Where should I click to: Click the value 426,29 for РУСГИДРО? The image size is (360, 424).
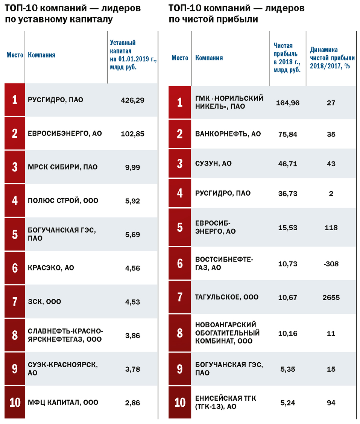pyautogui.click(x=132, y=100)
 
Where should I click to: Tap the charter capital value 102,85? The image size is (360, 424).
pyautogui.click(x=132, y=134)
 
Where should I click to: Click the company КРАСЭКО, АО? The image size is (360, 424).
pyautogui.click(x=51, y=268)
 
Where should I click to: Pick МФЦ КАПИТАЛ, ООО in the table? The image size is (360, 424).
pyautogui.click(x=63, y=403)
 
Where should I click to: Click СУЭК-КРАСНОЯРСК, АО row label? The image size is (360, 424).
pyautogui.click(x=63, y=369)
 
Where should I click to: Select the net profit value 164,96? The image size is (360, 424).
pyautogui.click(x=288, y=103)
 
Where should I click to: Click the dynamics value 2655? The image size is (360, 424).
pyautogui.click(x=331, y=298)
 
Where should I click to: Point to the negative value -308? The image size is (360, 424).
pyautogui.click(x=331, y=264)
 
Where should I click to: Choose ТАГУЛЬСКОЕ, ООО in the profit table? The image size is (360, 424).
pyautogui.click(x=227, y=297)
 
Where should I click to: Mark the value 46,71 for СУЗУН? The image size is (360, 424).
pyautogui.click(x=288, y=164)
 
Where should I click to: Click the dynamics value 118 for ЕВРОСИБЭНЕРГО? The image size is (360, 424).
pyautogui.click(x=331, y=228)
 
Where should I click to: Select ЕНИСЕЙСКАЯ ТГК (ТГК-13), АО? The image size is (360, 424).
pyautogui.click(x=226, y=403)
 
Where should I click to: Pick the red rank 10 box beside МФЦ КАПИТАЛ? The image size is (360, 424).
pyautogui.click(x=15, y=402)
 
